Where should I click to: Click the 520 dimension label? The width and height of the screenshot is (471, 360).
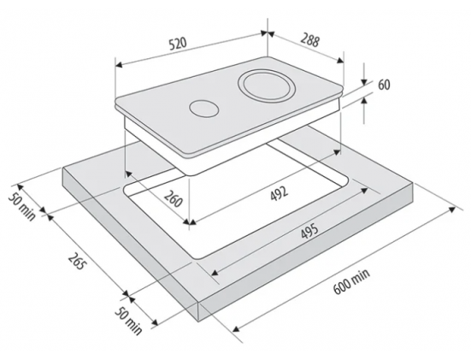178,44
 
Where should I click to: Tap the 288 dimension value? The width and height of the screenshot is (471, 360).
309,41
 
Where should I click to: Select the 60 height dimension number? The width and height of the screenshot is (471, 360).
384,85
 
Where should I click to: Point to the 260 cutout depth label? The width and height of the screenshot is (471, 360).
173,198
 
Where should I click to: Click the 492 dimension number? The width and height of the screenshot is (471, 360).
280,193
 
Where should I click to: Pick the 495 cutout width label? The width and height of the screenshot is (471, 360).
309,232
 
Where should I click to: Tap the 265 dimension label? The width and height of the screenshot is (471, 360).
77,261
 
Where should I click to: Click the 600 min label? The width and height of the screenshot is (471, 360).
351,281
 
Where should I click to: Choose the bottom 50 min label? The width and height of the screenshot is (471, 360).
128,321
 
